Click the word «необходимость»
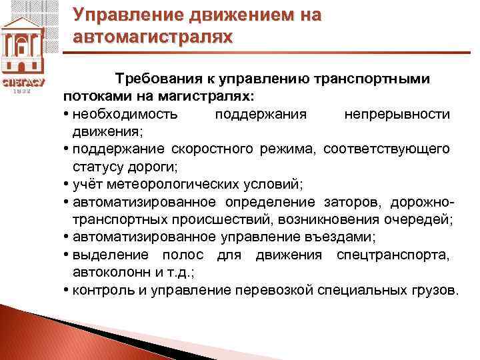pyautogui.click(x=125, y=114)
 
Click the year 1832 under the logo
pyautogui.click(x=23, y=92)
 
